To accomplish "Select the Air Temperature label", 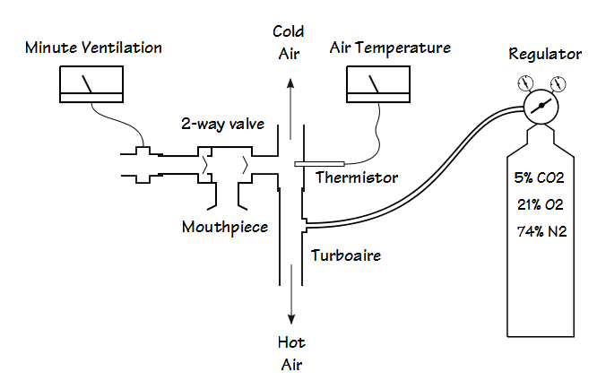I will [x=390, y=47].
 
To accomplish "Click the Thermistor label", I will [x=357, y=177].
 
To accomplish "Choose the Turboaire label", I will [x=346, y=255].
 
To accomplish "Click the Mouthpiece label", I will [x=225, y=227].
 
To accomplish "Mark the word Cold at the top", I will [x=289, y=31].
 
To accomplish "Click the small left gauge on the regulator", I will [x=526, y=84].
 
